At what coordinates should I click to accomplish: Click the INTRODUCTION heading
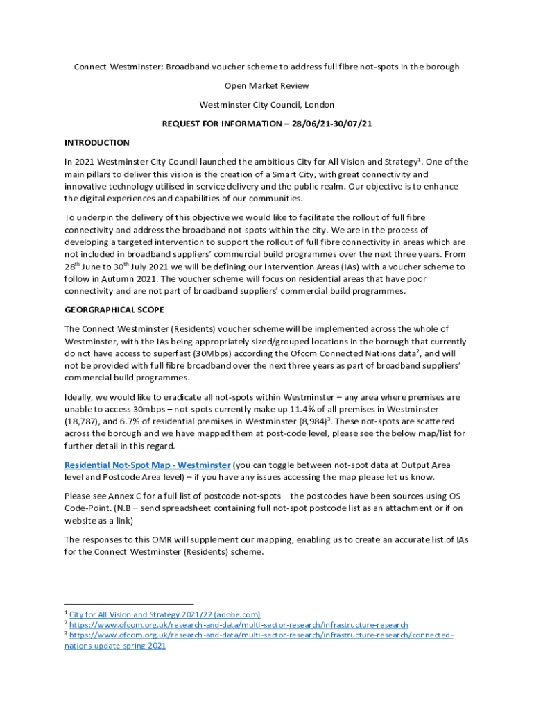(96, 142)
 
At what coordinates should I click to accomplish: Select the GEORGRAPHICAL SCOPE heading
(114, 309)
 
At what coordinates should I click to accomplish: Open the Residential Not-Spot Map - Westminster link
(147, 465)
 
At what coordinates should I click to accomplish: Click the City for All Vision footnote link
(165, 614)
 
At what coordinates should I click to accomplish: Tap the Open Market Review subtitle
(267, 86)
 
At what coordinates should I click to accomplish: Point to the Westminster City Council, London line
(267, 105)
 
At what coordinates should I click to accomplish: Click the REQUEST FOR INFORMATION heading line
(267, 124)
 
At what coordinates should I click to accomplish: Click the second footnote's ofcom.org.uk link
(239, 625)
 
